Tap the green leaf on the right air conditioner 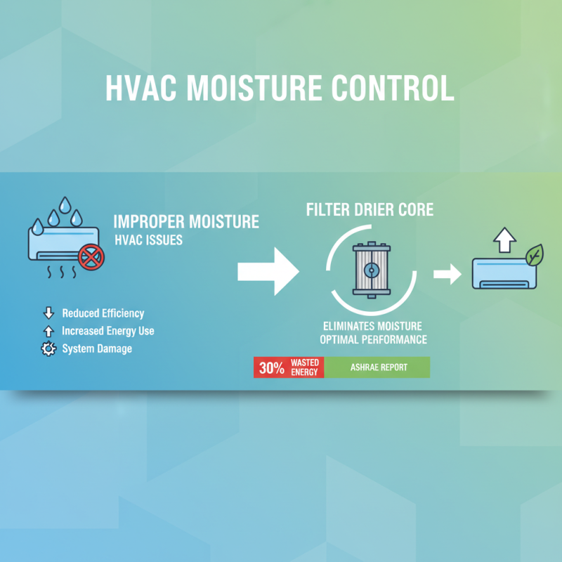coord(535,254)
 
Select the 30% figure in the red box coord(271,367)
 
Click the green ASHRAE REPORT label coord(377,367)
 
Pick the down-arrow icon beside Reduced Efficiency coord(48,313)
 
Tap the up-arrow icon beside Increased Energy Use coord(48,331)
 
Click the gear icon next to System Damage coord(48,348)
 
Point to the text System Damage coord(97,348)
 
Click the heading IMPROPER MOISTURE coord(186,223)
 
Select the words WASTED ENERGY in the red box coord(305,367)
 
